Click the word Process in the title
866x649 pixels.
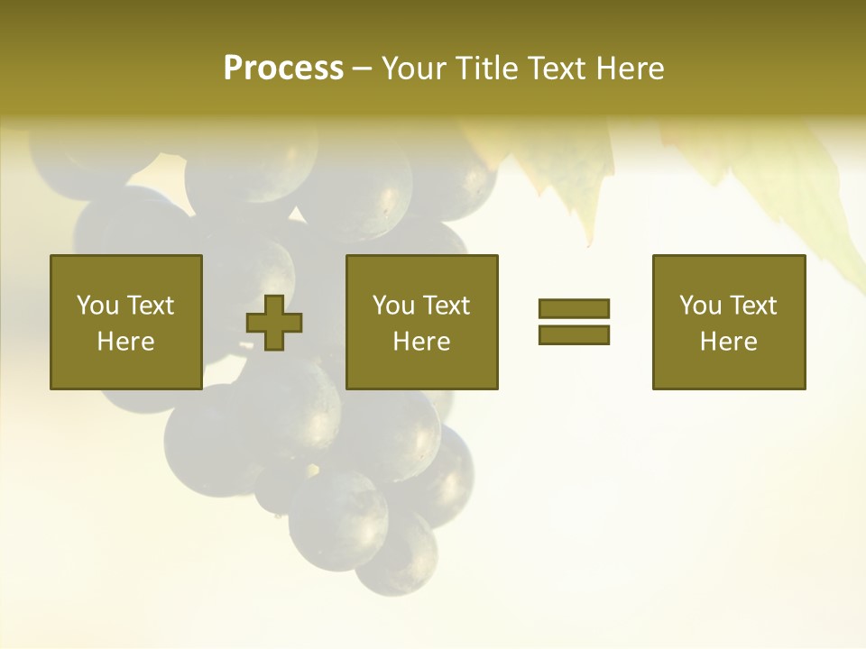pos(283,69)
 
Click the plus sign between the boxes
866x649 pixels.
pos(275,323)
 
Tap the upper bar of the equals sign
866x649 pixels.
pos(574,309)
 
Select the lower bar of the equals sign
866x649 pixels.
pos(574,334)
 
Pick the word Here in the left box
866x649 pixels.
pos(125,342)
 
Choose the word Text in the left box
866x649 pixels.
pos(150,305)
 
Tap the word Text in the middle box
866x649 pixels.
pos(446,305)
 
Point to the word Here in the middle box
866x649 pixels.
pos(421,342)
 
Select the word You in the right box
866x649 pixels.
pos(701,305)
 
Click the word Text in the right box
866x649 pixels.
pos(752,305)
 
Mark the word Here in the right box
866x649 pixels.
pos(728,342)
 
